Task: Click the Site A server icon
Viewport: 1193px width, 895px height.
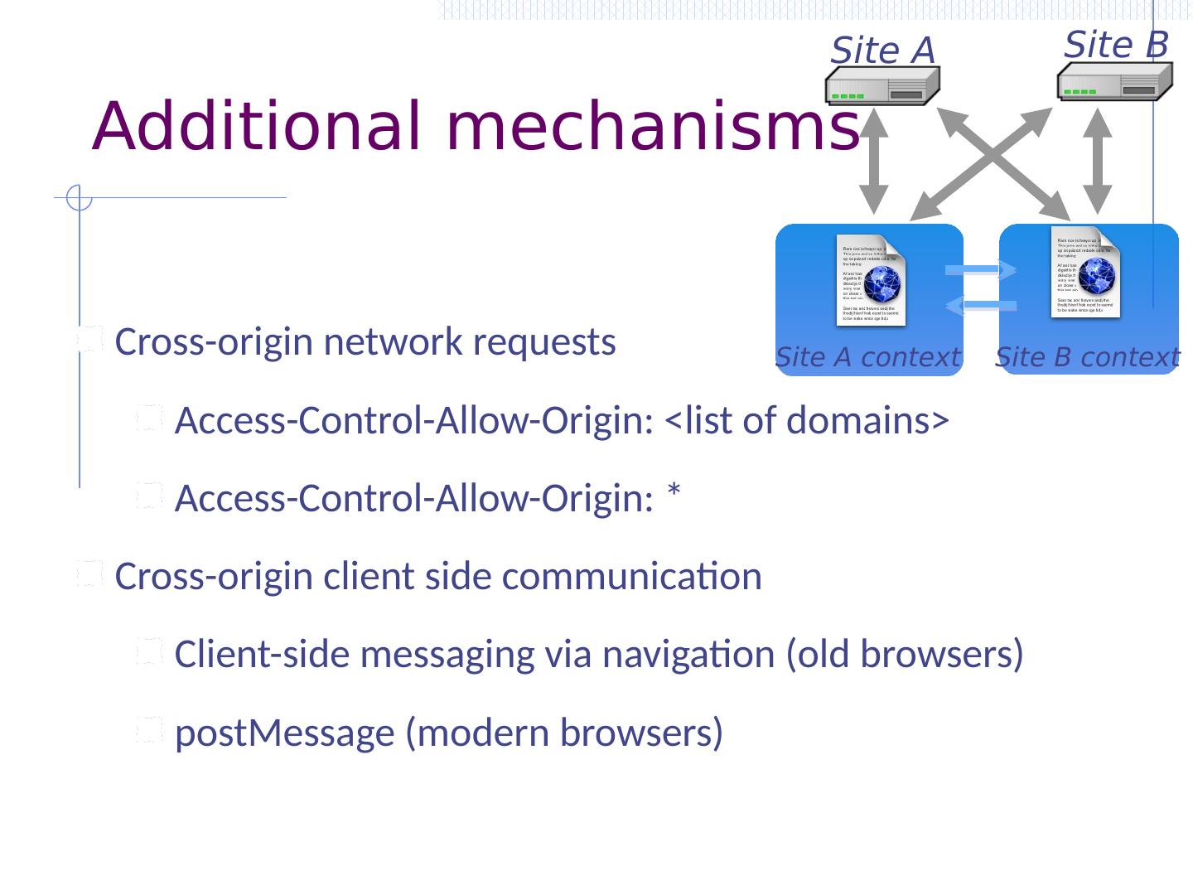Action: pyautogui.click(x=882, y=86)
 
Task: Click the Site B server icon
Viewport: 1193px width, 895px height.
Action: pyautogui.click(x=1114, y=81)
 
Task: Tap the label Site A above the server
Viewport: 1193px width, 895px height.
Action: pyautogui.click(x=882, y=51)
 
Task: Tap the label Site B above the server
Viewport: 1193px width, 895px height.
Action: pyautogui.click(x=1116, y=44)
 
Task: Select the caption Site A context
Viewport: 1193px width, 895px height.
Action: pyautogui.click(x=867, y=357)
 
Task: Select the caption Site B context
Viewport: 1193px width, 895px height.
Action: pyautogui.click(x=1087, y=357)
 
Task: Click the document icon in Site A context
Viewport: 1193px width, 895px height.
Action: pyautogui.click(x=871, y=281)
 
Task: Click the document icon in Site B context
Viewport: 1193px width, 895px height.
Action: pyautogui.click(x=1086, y=272)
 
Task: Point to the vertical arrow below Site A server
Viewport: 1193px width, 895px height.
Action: pyautogui.click(x=873, y=162)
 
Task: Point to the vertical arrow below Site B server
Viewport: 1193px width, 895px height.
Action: pyautogui.click(x=1098, y=162)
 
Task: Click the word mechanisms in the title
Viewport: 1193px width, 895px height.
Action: pyautogui.click(x=653, y=127)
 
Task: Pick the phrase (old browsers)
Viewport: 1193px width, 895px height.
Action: pyautogui.click(x=905, y=655)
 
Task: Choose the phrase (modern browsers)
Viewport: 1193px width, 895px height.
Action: pyautogui.click(x=563, y=733)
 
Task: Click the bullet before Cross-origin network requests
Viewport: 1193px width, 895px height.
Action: pyautogui.click(x=89, y=340)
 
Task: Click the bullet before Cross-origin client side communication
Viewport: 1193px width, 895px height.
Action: pyautogui.click(x=89, y=574)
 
